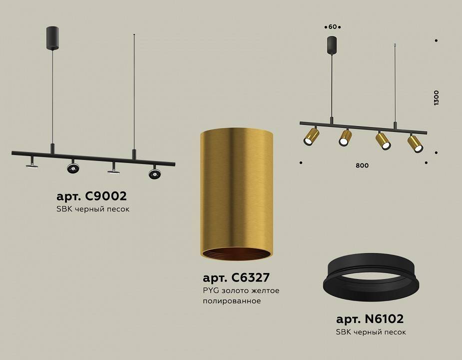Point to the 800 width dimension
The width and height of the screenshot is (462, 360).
pos(363,165)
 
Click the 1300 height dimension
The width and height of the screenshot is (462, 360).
pos(437,97)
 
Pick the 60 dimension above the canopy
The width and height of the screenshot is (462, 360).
pos(332,26)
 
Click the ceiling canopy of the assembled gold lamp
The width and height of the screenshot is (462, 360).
pos(332,45)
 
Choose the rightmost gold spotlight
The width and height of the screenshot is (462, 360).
pos(416,143)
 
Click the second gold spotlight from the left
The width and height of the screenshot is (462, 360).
pos(345,137)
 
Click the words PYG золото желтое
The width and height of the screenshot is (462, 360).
pos(241,290)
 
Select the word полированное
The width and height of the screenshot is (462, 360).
pos(232,301)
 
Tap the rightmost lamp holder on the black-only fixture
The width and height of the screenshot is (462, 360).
pos(154,172)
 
